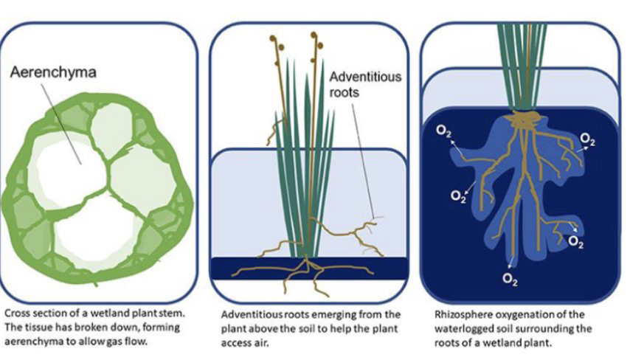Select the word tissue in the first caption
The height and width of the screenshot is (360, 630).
(x=32, y=327)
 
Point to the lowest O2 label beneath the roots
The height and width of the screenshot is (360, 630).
(x=509, y=278)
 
